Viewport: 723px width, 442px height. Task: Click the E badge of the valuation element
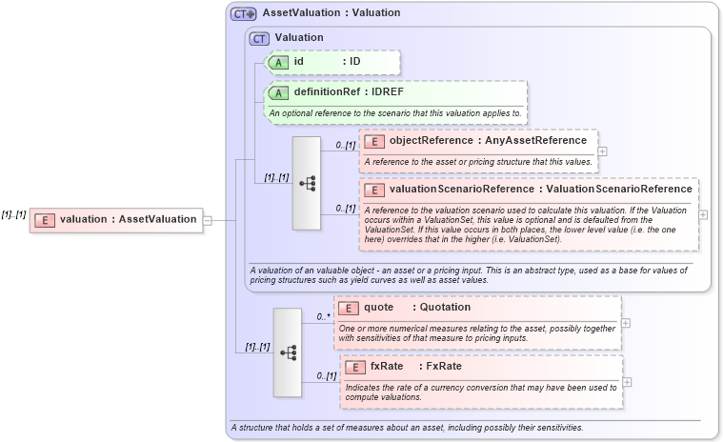pyautogui.click(x=44, y=220)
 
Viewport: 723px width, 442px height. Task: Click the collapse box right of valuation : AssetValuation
pyautogui.click(x=207, y=220)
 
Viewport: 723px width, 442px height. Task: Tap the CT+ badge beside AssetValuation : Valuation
pyautogui.click(x=244, y=13)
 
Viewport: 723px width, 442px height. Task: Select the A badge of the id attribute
pyautogui.click(x=278, y=62)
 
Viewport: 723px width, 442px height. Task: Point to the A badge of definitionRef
pyautogui.click(x=278, y=93)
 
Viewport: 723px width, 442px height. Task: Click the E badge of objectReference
pyautogui.click(x=374, y=141)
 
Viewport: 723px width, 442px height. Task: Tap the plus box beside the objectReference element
pyautogui.click(x=602, y=151)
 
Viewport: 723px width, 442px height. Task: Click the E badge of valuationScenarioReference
pyautogui.click(x=374, y=190)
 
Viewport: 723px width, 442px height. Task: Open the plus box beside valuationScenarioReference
pyautogui.click(x=703, y=214)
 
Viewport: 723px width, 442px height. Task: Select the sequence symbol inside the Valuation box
pyautogui.click(x=307, y=183)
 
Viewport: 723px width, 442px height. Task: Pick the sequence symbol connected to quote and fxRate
pyautogui.click(x=288, y=352)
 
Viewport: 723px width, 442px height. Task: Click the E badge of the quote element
pyautogui.click(x=349, y=308)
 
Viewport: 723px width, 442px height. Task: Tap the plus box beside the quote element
pyautogui.click(x=626, y=323)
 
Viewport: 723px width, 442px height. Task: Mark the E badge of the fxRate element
pyautogui.click(x=354, y=367)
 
